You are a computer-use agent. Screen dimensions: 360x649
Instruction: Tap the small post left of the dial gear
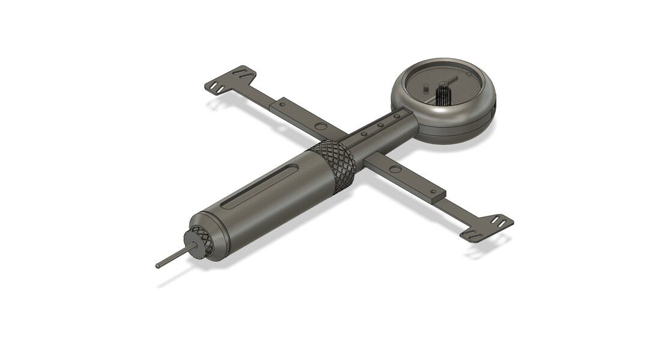(426, 88)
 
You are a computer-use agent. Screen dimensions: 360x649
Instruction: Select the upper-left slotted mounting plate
(230, 79)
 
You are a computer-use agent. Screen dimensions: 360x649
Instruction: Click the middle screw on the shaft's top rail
(380, 126)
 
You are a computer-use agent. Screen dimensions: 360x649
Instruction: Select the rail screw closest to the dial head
(395, 117)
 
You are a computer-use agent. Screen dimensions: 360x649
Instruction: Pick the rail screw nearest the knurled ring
(364, 135)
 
